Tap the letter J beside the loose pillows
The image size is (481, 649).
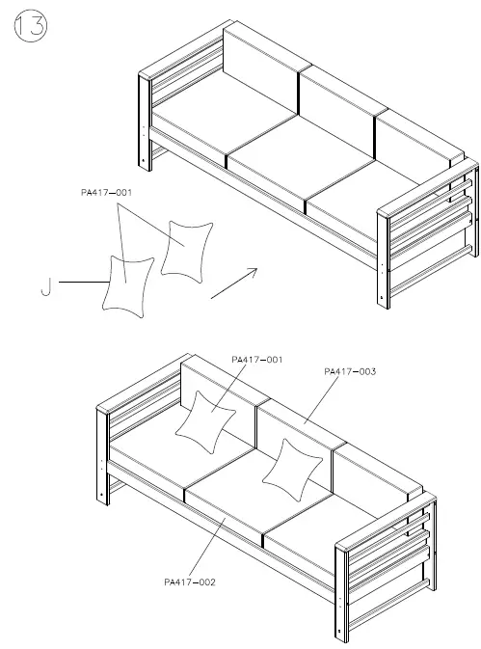pos(44,284)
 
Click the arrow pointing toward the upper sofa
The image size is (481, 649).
pos(232,284)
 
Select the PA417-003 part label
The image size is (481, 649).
pos(350,370)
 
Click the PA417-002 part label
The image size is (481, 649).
pos(191,581)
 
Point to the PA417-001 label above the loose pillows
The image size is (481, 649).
pos(108,193)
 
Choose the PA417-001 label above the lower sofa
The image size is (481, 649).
pos(257,360)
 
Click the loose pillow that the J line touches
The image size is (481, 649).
pos(127,285)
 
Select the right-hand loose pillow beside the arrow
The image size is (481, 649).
pos(185,249)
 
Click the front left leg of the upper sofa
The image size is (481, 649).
pos(147,125)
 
